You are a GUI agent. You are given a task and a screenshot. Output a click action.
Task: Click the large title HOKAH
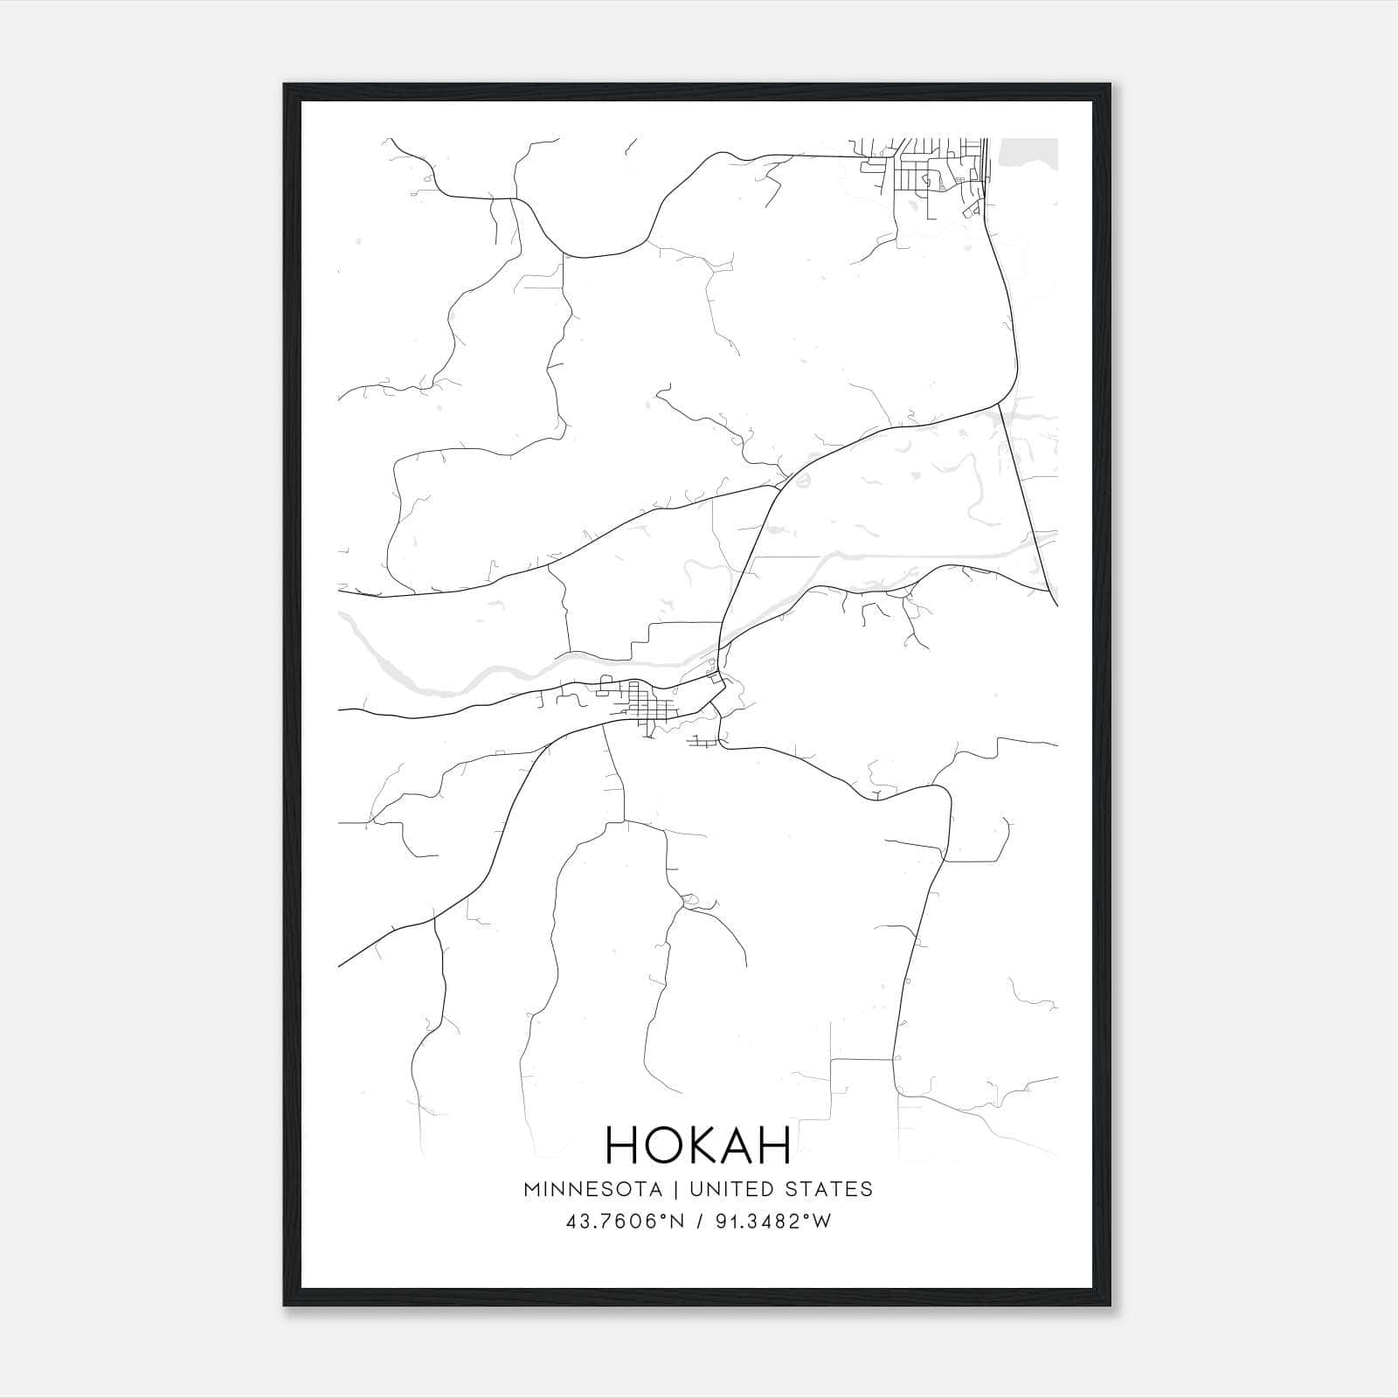click(x=698, y=1145)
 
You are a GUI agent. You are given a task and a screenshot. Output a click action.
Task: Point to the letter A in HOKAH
click(x=737, y=1145)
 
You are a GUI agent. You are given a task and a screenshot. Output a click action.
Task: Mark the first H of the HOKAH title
click(x=619, y=1145)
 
